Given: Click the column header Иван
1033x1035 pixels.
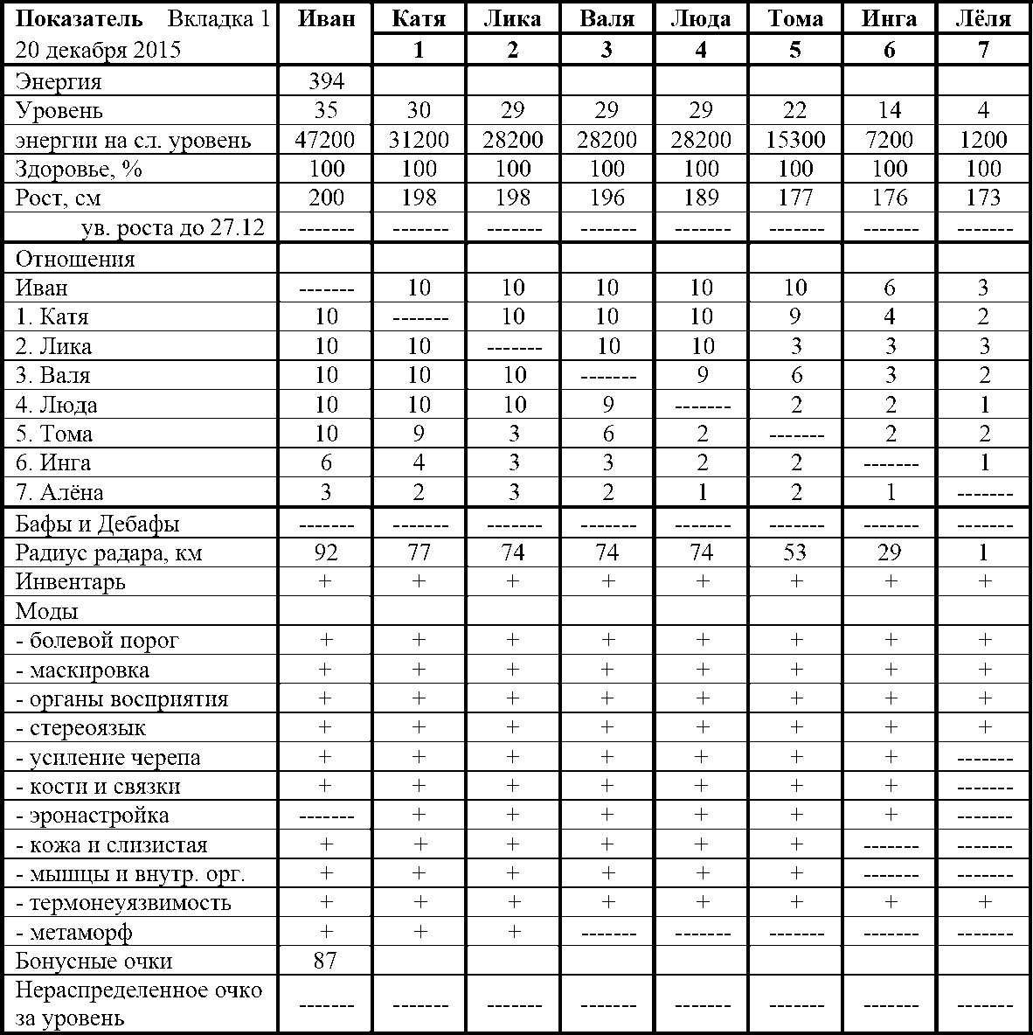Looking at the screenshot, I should coord(326,18).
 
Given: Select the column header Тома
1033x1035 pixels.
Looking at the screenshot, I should coord(794,18).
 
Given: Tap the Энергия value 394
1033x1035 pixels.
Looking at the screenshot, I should coord(326,82).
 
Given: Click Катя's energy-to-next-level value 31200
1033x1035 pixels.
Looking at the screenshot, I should coord(419,140).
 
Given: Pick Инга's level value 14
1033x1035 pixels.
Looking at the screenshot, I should coord(890,111).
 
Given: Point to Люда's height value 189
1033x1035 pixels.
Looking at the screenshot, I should coord(701,198).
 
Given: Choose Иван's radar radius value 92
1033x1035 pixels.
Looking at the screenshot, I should coord(326,553).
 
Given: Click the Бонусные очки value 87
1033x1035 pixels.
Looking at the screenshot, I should coord(326,962).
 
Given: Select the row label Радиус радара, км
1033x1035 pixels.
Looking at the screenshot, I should coord(108,553).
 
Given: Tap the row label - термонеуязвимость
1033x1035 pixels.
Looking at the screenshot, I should coord(123,903).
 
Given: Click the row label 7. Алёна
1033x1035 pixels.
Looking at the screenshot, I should coord(59,492).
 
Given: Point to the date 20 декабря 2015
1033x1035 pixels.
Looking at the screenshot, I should coord(98,50).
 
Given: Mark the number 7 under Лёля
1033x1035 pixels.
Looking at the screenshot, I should coord(984,50).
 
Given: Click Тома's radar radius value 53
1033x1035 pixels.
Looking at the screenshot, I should coord(794,553).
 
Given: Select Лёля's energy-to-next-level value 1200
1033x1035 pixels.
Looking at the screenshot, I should coord(984,140).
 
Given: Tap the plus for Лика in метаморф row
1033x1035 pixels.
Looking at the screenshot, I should coord(513,932).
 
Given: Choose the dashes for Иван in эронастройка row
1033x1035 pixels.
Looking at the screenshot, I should coord(326,816).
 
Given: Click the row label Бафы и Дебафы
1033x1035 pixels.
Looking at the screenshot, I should coord(98,524).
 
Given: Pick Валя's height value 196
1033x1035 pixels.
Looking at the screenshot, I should coord(607,198).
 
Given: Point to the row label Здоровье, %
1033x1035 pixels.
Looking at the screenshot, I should coord(79,169).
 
